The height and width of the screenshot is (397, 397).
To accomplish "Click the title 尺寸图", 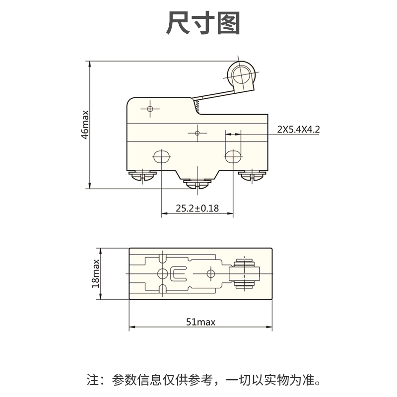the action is pos(203,23).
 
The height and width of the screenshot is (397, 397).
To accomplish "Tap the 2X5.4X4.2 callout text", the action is pos(298,130).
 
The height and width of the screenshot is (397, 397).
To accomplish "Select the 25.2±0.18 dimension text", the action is pos(197,208).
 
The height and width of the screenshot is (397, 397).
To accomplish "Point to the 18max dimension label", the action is pos(96,273).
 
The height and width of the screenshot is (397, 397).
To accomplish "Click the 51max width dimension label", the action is pos(200,322).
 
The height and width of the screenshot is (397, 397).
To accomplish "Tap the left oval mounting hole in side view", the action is pos(161,156).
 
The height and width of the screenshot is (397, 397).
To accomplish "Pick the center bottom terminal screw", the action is pos(197,185).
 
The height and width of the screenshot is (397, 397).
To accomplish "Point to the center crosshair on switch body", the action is pos(197,133).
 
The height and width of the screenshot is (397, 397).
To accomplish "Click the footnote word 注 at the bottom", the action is pos(92,381).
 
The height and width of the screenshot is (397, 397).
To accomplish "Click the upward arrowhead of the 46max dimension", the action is pos(90,64).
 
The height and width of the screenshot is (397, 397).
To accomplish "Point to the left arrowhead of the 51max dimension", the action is pos(132,328).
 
